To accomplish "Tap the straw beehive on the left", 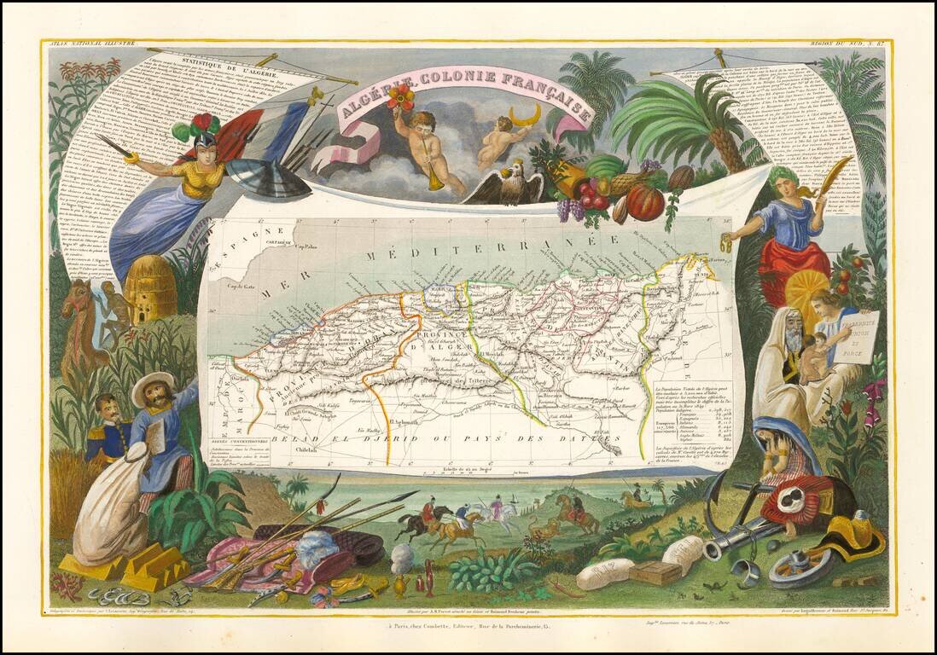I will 150,288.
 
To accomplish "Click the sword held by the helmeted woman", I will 114,146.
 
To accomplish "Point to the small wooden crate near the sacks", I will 656,571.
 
